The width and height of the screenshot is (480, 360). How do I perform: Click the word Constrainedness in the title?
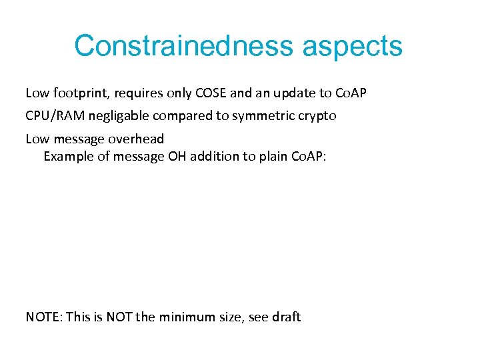pyautogui.click(x=183, y=47)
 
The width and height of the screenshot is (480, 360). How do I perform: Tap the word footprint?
pyautogui.click(x=80, y=92)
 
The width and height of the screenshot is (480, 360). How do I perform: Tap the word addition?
pyautogui.click(x=213, y=157)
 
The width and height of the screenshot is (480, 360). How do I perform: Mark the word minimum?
pyautogui.click(x=186, y=317)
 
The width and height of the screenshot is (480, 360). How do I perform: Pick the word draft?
pyautogui.click(x=286, y=317)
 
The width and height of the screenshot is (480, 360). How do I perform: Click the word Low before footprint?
pyautogui.click(x=37, y=92)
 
